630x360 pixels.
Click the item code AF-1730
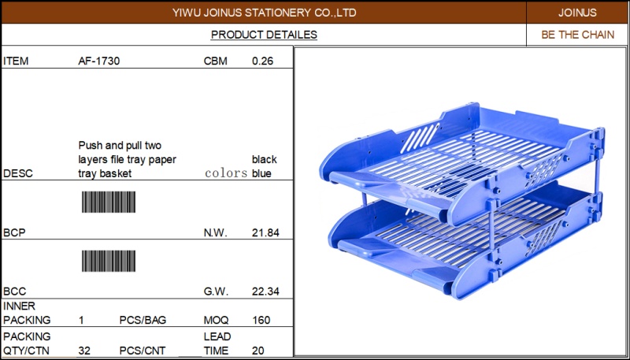99,61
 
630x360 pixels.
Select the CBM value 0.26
262,61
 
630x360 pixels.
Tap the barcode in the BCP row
109,202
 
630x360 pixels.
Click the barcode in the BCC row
109,261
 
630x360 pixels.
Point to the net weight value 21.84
265,232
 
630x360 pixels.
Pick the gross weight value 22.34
265,291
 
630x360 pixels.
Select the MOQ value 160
261,321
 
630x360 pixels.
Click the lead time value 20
258,351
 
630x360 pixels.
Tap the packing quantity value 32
84,351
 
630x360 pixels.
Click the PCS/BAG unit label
143,321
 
